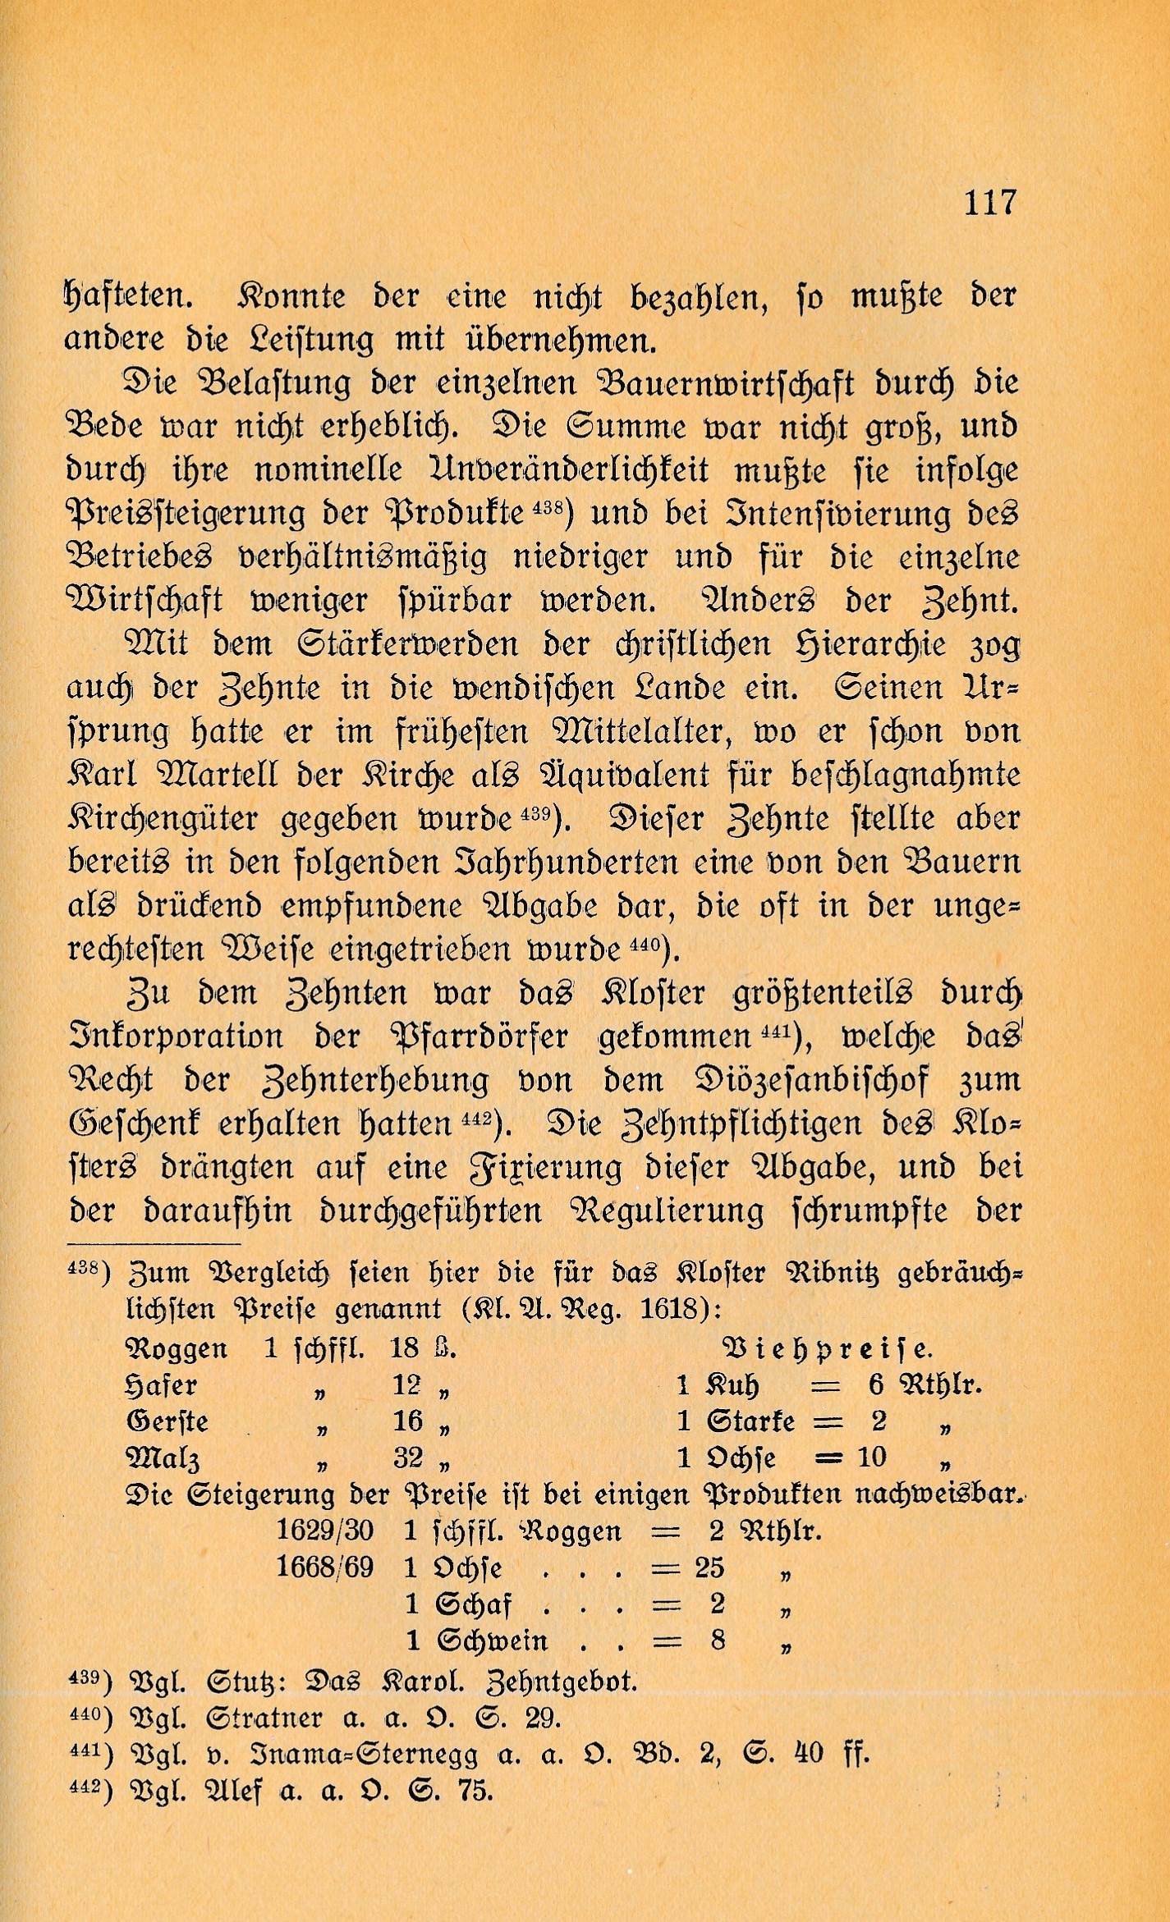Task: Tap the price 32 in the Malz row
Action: click(408, 1457)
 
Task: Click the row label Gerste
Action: click(167, 1421)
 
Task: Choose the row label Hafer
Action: click(161, 1385)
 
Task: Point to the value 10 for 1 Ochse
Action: click(870, 1457)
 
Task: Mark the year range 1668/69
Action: click(325, 1567)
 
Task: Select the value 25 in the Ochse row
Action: click(709, 1567)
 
